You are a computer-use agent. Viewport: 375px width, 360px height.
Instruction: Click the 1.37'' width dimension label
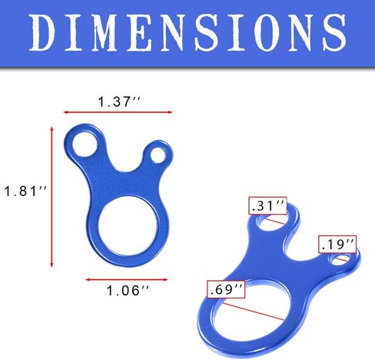pos(119,102)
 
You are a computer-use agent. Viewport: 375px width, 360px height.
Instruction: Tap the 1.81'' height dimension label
pos(25,192)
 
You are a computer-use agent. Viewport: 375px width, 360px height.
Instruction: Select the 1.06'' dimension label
pos(128,291)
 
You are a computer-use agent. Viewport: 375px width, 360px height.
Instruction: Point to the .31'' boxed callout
pos(267,205)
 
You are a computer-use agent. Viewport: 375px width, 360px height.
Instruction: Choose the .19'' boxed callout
pos(337,244)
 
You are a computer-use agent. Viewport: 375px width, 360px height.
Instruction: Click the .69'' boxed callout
pos(226,289)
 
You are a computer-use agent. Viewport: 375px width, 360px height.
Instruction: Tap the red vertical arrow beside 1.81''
pos(51,197)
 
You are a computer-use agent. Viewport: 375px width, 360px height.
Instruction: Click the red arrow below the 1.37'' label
pos(118,112)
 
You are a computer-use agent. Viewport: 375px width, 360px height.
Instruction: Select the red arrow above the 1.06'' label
pos(127,279)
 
